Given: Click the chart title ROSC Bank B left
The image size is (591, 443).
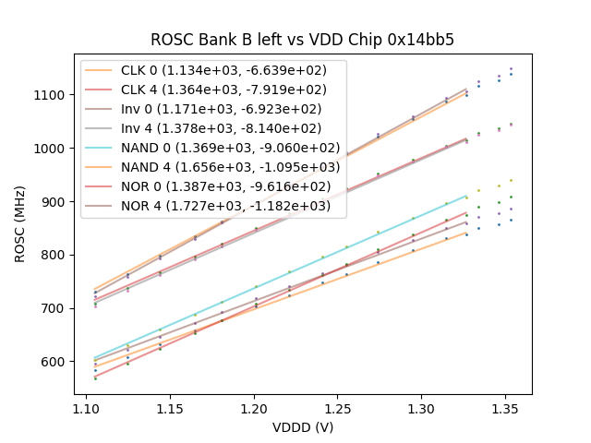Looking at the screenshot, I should (x=303, y=40).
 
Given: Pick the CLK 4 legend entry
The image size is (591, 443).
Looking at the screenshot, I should (x=213, y=90).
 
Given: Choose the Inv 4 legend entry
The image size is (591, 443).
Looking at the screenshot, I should (x=213, y=128).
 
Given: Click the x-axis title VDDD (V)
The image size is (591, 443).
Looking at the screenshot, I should (x=303, y=427).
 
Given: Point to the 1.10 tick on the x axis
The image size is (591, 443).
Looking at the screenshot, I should (x=87, y=407).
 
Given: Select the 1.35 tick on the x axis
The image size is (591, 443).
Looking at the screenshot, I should (x=506, y=407).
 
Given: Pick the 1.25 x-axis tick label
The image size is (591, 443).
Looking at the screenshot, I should (x=339, y=407).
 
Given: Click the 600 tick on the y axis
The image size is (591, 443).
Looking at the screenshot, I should (x=54, y=362).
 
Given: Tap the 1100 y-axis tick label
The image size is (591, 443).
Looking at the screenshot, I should (x=50, y=95).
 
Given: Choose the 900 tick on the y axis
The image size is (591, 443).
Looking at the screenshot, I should (x=54, y=201).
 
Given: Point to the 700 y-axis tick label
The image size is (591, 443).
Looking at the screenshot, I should (x=54, y=308).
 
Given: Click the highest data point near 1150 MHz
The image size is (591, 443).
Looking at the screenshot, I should (x=511, y=68).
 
